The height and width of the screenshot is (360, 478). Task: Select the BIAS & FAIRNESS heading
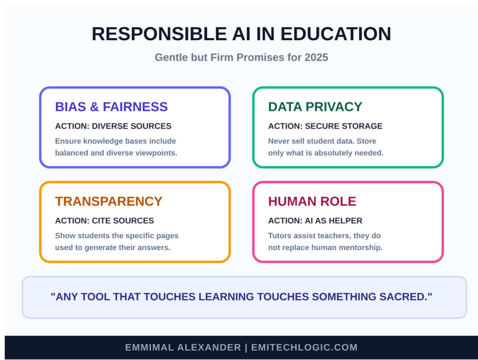[x=111, y=107]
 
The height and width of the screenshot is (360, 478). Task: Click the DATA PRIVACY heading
[x=315, y=107]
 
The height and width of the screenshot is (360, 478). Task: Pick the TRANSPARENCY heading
[x=109, y=201]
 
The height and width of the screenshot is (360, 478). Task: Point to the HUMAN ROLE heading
[x=312, y=201]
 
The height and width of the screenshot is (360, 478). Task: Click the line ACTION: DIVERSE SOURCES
[x=113, y=126]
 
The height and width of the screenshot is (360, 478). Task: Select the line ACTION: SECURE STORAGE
[x=325, y=126]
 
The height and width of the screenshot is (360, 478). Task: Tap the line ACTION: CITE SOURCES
[x=104, y=221]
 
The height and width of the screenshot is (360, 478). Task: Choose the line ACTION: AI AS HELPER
[x=315, y=221]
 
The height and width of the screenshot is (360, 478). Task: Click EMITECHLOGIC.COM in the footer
[x=304, y=347]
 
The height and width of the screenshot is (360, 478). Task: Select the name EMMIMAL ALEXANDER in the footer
[x=183, y=347]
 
